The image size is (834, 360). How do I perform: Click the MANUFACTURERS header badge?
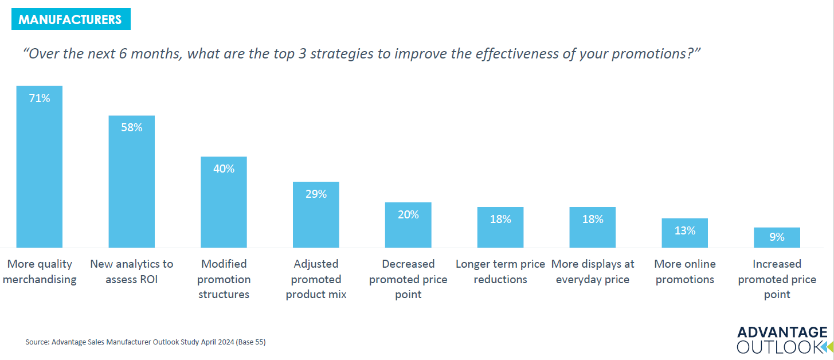[x=70, y=19]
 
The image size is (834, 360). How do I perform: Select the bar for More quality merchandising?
[x=40, y=172]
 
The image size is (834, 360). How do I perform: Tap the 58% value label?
[x=131, y=128]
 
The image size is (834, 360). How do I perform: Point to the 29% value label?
[x=316, y=194]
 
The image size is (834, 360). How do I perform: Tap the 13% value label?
[x=684, y=231]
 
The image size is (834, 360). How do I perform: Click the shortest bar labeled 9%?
[x=777, y=237]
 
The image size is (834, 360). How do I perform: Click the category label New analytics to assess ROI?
[x=131, y=272]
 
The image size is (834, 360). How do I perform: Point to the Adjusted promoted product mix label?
[x=316, y=279]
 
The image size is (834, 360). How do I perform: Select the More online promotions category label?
[x=684, y=272]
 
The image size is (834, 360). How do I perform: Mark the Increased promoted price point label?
[x=777, y=279]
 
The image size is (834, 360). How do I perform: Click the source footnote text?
[x=146, y=342]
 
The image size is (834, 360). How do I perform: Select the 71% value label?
[x=40, y=98]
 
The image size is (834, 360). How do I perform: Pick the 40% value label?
[x=224, y=169]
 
